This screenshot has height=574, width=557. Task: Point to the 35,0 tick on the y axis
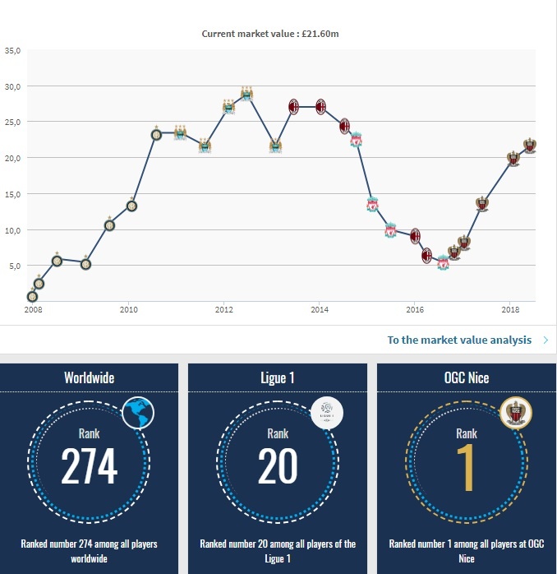(12, 50)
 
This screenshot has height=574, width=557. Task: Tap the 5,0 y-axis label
(12, 266)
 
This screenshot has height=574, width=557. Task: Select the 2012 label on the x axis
(223, 310)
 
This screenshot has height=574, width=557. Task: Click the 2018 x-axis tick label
(509, 310)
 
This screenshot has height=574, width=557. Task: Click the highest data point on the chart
(246, 94)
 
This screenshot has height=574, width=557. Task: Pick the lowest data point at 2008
(33, 296)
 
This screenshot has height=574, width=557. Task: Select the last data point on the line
(529, 146)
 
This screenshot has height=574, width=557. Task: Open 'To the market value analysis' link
(459, 340)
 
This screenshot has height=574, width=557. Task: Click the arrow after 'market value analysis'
(546, 340)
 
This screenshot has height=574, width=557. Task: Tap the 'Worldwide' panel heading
(89, 377)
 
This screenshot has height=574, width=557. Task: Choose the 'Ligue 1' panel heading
(278, 377)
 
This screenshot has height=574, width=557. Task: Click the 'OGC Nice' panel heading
(467, 377)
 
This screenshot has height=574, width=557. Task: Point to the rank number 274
(89, 466)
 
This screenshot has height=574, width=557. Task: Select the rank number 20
(278, 466)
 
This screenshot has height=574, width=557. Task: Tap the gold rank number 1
(467, 466)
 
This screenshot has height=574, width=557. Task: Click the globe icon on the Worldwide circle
(138, 413)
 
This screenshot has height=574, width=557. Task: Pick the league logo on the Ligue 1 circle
(327, 413)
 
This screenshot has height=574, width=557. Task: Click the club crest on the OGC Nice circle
(516, 413)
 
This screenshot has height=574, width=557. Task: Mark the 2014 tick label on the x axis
(320, 310)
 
